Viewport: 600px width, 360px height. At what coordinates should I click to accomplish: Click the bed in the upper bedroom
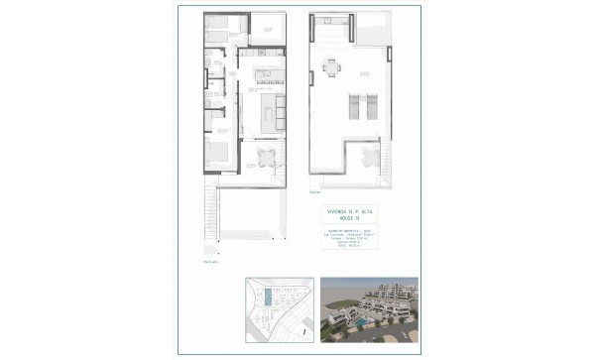tap(220, 33)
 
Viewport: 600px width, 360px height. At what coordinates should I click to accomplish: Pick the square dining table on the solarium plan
tap(330, 68)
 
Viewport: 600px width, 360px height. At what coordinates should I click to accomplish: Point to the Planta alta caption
tap(209, 263)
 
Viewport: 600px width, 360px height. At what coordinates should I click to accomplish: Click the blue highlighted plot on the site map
tap(271, 298)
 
